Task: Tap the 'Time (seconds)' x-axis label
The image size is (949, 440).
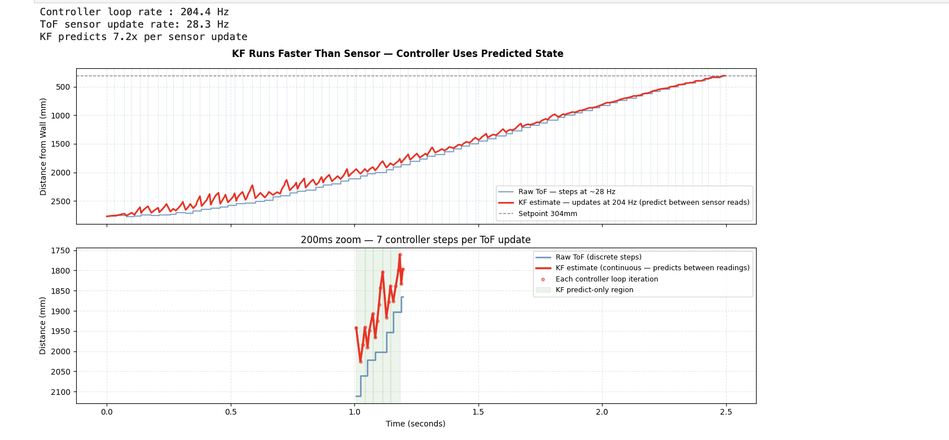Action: [415, 424]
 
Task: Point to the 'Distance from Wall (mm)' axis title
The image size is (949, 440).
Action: [43, 147]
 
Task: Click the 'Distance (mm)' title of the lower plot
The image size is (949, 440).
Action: [43, 325]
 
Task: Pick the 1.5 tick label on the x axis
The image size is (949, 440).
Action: [478, 412]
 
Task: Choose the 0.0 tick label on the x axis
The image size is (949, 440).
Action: [107, 412]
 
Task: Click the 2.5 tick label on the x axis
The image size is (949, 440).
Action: [726, 412]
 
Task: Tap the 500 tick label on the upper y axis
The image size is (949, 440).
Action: [63, 87]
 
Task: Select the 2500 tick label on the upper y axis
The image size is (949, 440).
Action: [60, 201]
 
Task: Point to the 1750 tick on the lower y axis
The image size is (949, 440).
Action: [60, 250]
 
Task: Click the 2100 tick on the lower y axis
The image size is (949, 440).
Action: [60, 392]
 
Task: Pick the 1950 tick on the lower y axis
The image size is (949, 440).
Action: [60, 332]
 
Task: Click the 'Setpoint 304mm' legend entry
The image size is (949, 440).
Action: [547, 214]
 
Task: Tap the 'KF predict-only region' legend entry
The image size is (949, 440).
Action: [594, 290]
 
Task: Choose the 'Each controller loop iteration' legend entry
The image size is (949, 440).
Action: [607, 279]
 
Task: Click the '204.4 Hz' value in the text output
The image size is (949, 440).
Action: [205, 12]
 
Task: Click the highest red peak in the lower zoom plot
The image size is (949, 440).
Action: [400, 255]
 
